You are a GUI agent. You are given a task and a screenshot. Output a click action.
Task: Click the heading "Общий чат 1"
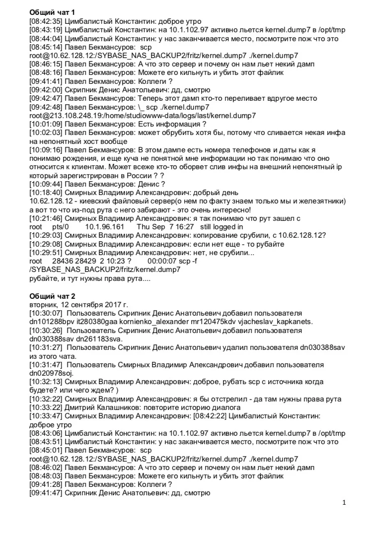click(52, 12)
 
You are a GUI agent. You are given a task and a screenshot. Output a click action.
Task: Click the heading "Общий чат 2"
click(52, 296)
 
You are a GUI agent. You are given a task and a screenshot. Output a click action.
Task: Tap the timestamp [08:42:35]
click(46, 21)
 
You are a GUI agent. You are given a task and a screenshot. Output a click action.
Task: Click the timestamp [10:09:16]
click(46, 150)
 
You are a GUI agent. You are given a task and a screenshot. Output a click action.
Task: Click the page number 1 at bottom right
click(344, 502)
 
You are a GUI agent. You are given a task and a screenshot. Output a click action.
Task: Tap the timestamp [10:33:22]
click(46, 407)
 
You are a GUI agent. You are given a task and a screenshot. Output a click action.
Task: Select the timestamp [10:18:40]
click(46, 193)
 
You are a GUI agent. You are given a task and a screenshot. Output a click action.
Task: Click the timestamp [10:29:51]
click(46, 252)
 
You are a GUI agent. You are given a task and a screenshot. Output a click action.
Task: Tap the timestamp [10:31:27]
click(46, 347)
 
